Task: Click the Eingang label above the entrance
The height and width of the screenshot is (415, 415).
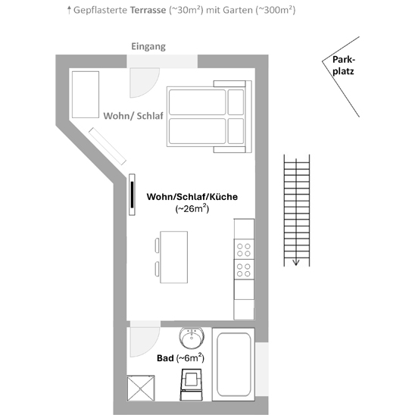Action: (148, 47)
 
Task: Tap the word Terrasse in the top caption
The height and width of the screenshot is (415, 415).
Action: (148, 10)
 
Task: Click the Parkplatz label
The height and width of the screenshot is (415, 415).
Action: (343, 65)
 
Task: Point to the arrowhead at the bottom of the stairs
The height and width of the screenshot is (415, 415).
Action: (296, 262)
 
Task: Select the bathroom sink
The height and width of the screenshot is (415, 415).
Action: (192, 338)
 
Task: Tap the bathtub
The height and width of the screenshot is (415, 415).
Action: (233, 364)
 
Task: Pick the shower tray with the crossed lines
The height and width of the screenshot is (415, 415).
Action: (141, 388)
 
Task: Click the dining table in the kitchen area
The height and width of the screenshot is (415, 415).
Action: (174, 257)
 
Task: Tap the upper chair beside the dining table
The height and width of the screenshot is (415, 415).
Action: (157, 245)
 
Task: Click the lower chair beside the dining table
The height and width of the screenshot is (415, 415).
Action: (157, 269)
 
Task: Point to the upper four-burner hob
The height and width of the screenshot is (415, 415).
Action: (244, 250)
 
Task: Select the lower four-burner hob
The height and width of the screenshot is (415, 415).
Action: (244, 270)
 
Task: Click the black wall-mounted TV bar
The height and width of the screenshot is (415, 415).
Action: (132, 195)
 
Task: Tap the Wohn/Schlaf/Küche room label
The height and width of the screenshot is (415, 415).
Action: (192, 197)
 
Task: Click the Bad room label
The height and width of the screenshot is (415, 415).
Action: (165, 358)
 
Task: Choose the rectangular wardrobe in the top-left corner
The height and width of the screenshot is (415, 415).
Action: (86, 95)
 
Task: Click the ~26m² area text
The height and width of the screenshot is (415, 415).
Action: (192, 208)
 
